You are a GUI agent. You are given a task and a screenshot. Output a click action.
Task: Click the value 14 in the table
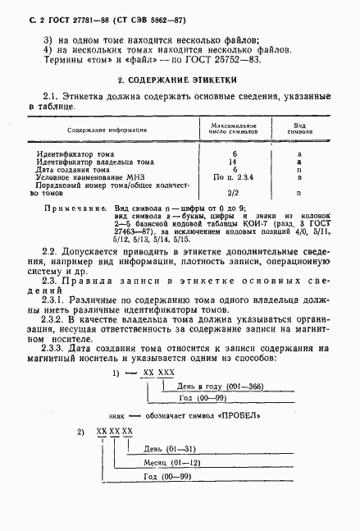pos(235,162)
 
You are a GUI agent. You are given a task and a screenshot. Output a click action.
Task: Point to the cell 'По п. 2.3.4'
pos(235,176)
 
